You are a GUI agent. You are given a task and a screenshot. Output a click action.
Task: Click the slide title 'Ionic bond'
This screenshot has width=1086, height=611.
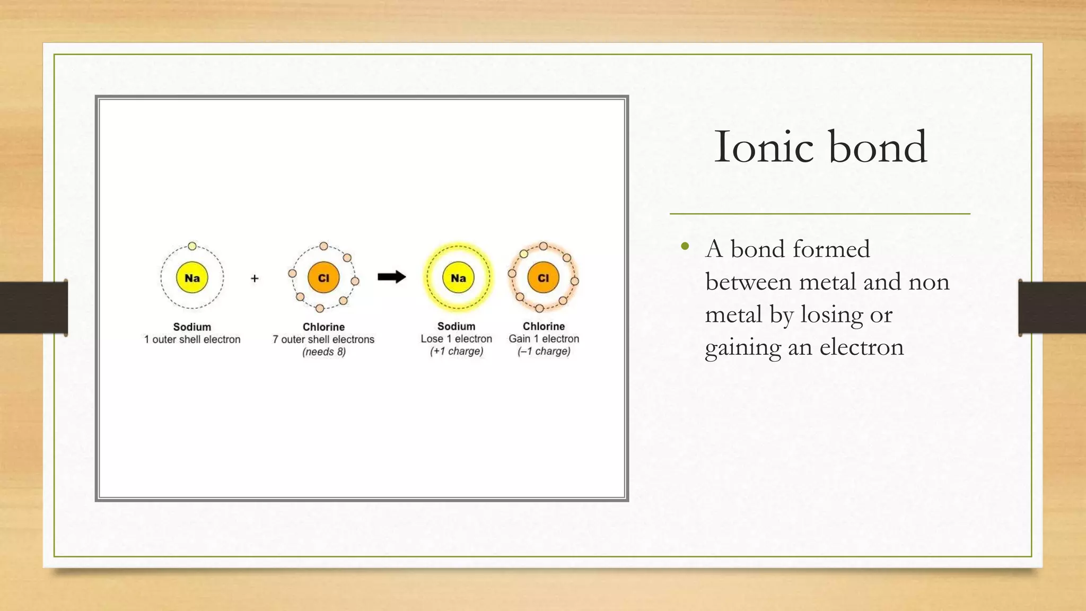820,147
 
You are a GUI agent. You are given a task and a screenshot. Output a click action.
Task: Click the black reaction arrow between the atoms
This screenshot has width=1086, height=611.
392,277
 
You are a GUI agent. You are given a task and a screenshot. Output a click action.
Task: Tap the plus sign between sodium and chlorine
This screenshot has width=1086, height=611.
255,278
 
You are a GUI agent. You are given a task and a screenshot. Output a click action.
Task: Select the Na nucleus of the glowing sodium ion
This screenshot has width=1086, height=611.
458,278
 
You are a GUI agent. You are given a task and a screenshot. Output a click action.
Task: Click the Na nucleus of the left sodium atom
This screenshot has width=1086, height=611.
192,278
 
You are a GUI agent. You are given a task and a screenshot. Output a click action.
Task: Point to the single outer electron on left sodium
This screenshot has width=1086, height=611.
192,246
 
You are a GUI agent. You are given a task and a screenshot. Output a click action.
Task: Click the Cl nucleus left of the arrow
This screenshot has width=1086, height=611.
323,278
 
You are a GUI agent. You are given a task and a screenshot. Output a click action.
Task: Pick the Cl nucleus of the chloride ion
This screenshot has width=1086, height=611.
543,278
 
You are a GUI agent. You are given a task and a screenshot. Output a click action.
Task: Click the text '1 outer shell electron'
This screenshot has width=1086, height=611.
192,339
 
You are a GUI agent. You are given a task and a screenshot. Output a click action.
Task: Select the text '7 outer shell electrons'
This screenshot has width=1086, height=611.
323,339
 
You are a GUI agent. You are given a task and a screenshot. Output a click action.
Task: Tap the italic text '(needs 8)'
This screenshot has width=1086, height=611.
323,352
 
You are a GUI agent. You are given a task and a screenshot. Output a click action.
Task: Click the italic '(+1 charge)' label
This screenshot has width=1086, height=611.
457,351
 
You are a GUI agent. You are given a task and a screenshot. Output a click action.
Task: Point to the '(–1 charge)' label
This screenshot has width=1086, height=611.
544,351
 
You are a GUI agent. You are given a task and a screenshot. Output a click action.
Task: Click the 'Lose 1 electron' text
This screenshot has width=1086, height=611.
457,339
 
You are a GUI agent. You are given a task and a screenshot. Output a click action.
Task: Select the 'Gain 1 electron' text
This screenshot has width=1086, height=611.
544,339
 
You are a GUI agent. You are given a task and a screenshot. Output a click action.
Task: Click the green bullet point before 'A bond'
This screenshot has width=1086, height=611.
685,246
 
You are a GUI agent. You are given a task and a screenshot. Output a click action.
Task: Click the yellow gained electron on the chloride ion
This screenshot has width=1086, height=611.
524,254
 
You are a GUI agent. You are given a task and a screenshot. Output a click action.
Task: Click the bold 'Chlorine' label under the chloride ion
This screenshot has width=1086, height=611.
544,326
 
